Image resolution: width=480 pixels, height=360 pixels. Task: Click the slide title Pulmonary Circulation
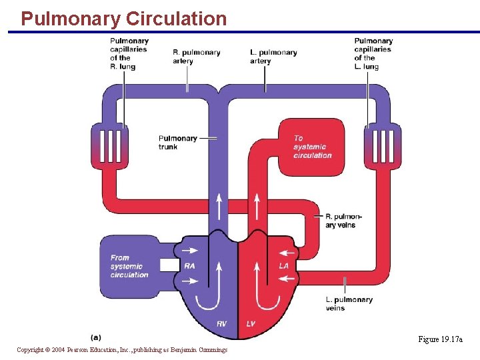click(x=123, y=19)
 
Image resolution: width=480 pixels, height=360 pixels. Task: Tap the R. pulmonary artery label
click(x=196, y=57)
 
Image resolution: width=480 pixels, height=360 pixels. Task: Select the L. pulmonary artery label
click(x=273, y=57)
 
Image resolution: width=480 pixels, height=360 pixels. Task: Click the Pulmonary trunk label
click(x=178, y=143)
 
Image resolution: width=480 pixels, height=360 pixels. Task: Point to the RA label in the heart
click(x=190, y=265)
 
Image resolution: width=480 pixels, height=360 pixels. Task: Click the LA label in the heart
click(x=283, y=265)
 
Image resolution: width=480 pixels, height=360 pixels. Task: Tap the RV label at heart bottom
click(x=221, y=324)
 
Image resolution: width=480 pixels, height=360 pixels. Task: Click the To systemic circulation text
click(x=312, y=147)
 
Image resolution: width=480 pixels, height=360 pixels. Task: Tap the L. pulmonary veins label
click(x=349, y=303)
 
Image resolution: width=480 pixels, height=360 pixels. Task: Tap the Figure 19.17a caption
click(x=440, y=340)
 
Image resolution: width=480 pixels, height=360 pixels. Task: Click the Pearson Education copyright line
click(x=122, y=350)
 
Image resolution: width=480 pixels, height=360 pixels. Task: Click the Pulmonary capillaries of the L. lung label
click(x=373, y=53)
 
